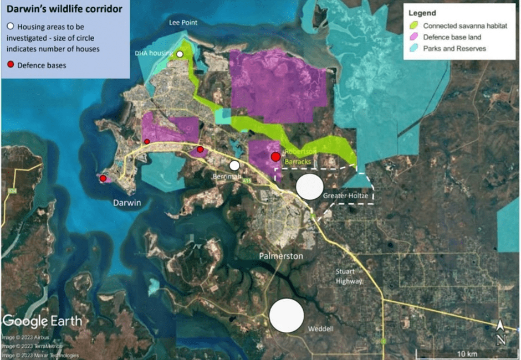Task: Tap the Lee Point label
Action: point(183,23)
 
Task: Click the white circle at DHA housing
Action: point(180,54)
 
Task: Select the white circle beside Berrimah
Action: point(234,165)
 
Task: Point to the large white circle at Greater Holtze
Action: point(309,186)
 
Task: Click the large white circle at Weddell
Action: point(287,315)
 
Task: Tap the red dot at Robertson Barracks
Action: point(275,157)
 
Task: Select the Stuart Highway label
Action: point(349,276)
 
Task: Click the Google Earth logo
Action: point(42,321)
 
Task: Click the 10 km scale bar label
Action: point(467,354)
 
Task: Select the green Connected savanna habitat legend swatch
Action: point(413,25)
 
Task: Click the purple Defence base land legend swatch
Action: point(413,37)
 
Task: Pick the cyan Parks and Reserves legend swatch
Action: point(413,48)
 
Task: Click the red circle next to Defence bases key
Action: point(11,65)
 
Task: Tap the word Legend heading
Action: point(422,13)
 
